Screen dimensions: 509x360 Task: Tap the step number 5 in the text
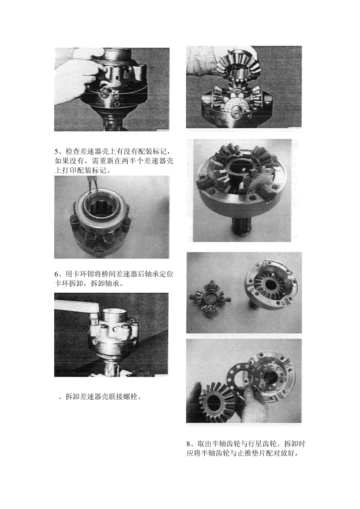(57, 152)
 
